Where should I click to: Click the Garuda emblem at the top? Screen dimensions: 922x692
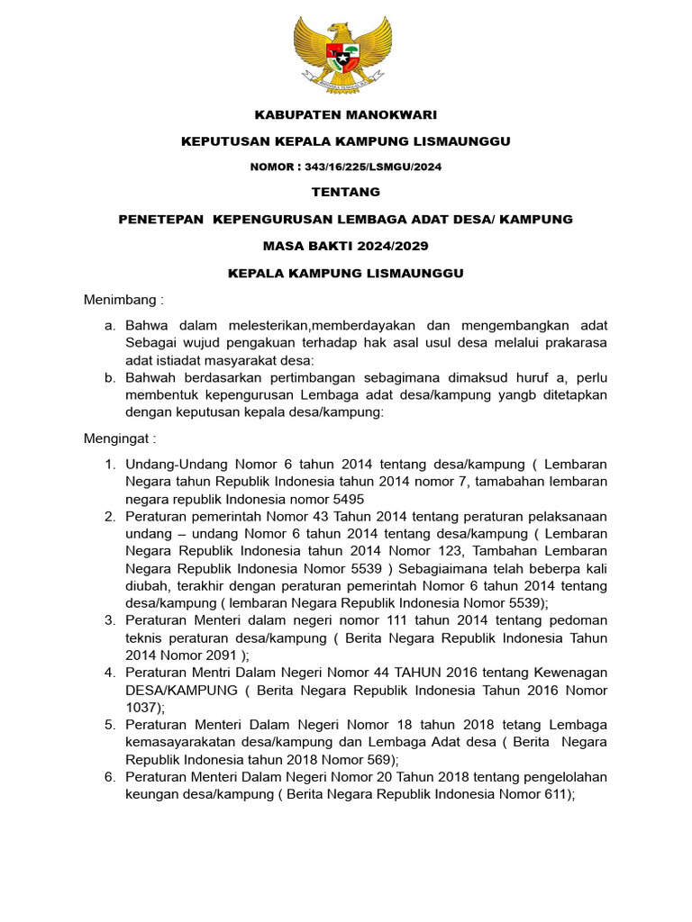coord(343,55)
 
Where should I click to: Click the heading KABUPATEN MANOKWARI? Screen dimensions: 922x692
coord(345,115)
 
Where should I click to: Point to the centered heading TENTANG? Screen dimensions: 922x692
coord(345,192)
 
